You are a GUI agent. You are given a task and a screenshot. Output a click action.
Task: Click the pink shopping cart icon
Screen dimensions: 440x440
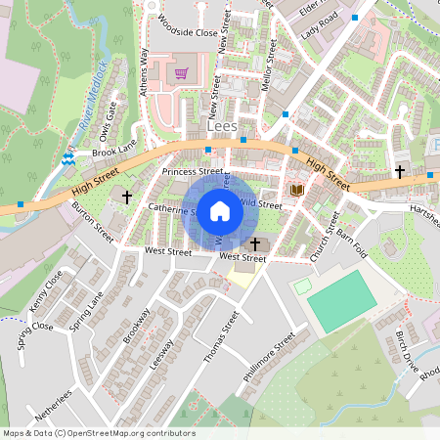[x=181, y=72]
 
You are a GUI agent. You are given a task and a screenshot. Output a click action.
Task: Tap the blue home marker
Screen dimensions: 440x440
[x=220, y=211]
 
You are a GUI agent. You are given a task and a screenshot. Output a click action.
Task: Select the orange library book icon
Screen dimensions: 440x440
[x=297, y=189]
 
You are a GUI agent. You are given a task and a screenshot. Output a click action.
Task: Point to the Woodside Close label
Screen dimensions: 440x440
[x=187, y=31]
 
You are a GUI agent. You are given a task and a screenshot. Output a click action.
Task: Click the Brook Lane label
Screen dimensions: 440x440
[x=114, y=149]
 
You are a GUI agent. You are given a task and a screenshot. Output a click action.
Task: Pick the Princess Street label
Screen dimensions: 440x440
[x=193, y=172]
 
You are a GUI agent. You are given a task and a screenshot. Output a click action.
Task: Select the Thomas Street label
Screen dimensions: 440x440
[x=221, y=337]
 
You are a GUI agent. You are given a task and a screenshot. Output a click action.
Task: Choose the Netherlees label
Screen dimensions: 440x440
[x=54, y=405]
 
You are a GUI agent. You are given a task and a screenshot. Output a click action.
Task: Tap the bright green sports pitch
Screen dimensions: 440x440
[x=340, y=299]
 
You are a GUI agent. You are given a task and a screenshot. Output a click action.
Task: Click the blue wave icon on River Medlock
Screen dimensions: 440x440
[x=68, y=157]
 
